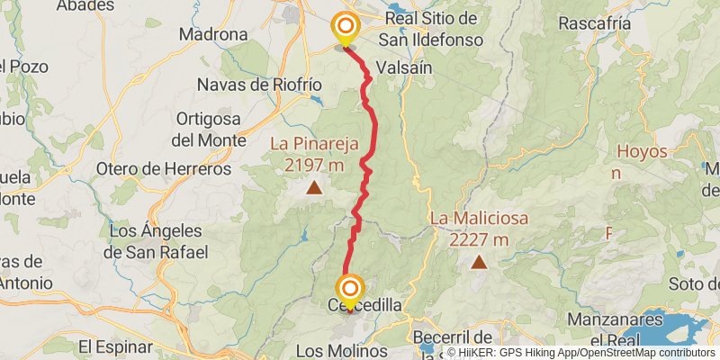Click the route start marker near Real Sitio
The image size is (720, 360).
tap(345, 27)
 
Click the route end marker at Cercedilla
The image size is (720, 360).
tap(350, 290)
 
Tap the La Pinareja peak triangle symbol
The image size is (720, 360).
tap(314, 187)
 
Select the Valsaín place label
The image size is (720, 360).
tap(407, 67)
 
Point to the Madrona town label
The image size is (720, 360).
tap(213, 34)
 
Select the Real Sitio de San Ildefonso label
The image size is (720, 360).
tap(430, 29)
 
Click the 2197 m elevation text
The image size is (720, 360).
tap(313, 165)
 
